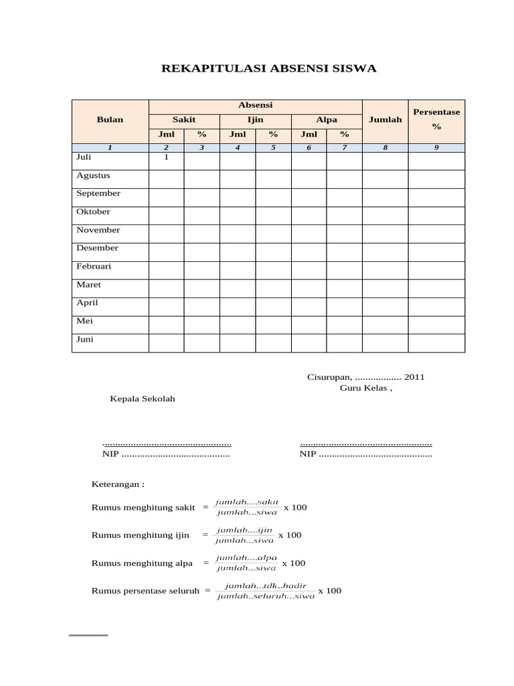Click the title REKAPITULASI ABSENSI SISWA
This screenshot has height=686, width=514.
click(270, 68)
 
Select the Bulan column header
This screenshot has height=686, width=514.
click(110, 120)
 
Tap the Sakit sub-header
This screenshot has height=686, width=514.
click(184, 120)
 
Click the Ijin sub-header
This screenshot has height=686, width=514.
click(255, 120)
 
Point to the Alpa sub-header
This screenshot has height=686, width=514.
click(327, 120)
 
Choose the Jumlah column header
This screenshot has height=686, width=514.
click(385, 120)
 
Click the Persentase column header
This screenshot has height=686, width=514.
click(436, 112)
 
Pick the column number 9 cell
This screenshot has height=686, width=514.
click(436, 148)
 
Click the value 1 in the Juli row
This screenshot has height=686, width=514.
click(166, 157)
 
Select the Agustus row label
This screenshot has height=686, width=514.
click(93, 176)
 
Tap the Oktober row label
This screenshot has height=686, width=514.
click(93, 212)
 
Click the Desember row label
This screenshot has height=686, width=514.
click(97, 248)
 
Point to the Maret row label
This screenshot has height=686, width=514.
click(89, 285)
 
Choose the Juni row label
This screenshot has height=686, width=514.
click(85, 340)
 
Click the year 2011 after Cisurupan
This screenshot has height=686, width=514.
click(414, 377)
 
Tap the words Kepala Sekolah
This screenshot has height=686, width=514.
click(143, 399)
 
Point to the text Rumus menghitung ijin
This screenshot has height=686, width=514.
click(140, 535)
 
